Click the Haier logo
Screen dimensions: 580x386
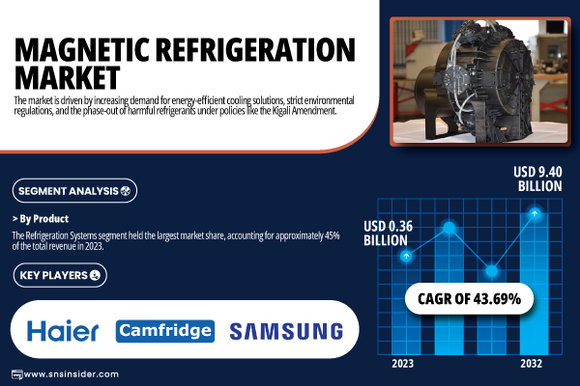tap(63, 331)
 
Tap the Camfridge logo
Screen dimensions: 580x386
tap(165, 331)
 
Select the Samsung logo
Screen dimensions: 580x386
tap(286, 331)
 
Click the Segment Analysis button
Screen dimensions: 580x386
tap(74, 191)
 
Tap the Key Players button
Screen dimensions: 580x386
tap(60, 275)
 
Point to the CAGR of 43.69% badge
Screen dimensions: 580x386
tap(470, 299)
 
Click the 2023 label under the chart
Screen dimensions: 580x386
tap(403, 364)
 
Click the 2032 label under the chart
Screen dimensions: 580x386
tap(531, 364)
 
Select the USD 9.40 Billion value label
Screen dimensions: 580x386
tap(537, 179)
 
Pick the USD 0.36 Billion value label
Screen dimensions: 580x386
tap(388, 234)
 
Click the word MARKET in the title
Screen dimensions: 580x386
tap(68, 77)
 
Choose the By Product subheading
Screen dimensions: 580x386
tap(41, 219)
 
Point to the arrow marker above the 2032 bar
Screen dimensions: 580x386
tap(535, 213)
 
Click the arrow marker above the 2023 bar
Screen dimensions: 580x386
tap(406, 256)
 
